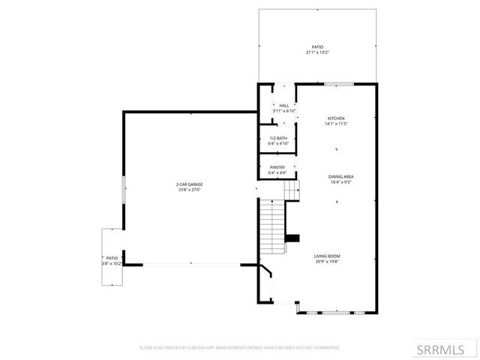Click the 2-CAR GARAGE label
point(190,184)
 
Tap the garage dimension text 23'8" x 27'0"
point(190,190)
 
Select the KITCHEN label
point(335,118)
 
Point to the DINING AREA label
point(340,176)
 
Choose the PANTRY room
point(277,169)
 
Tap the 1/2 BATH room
point(277,141)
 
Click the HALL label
point(284,106)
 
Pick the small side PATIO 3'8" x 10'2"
point(111,260)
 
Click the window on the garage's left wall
point(124,187)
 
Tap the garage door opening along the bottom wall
point(191,264)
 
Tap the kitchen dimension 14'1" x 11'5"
point(335,124)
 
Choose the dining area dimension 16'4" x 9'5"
point(340,182)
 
